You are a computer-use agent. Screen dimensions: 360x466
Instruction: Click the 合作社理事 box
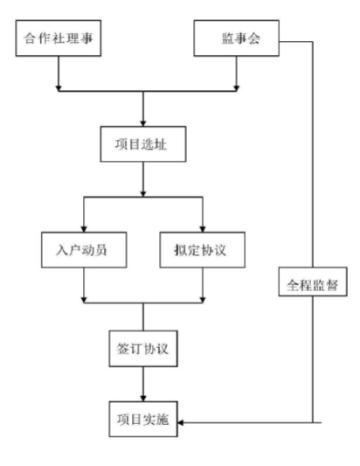click(59, 38)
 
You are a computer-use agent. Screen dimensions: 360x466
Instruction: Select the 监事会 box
click(237, 38)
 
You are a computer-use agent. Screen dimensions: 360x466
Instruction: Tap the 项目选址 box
click(143, 144)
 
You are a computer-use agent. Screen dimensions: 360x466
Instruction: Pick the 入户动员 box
click(84, 250)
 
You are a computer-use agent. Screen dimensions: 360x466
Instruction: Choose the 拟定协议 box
click(203, 250)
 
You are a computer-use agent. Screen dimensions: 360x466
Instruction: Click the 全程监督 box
click(313, 282)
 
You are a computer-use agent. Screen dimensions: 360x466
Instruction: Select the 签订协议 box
click(143, 349)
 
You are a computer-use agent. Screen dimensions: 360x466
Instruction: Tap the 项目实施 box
click(143, 419)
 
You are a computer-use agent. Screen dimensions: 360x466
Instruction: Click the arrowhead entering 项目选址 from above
click(143, 123)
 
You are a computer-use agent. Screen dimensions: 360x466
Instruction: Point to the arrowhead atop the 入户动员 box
click(84, 229)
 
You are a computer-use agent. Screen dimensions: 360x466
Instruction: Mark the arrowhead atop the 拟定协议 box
click(203, 229)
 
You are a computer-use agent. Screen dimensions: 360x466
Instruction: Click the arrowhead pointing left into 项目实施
click(181, 422)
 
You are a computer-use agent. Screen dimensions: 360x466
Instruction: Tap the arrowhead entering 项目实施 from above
click(143, 398)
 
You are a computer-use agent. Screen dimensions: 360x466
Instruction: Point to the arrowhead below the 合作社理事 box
click(59, 88)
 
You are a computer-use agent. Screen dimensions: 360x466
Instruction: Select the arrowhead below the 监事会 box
click(237, 88)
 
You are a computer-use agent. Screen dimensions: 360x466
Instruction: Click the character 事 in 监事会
click(241, 38)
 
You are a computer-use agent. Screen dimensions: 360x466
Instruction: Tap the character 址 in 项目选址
click(161, 144)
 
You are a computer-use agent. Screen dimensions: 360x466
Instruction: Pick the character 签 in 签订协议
click(122, 349)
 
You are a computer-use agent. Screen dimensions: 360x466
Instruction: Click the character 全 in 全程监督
click(293, 285)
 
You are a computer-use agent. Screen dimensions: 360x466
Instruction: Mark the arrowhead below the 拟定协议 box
click(203, 300)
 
